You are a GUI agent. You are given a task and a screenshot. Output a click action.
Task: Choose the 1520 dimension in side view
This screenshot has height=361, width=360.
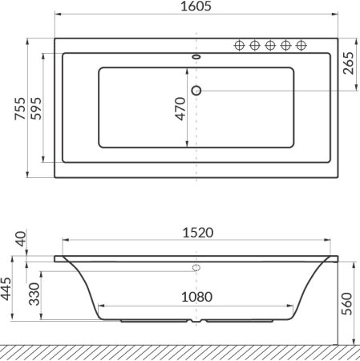click(x=196, y=233)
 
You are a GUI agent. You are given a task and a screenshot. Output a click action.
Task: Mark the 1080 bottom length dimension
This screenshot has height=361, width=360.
click(x=196, y=297)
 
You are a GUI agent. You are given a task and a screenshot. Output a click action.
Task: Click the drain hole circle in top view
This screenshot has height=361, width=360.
click(x=197, y=90)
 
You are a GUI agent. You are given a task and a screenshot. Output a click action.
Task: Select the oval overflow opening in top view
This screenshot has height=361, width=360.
click(x=196, y=58)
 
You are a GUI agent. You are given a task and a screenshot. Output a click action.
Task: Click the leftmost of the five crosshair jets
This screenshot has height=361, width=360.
click(x=239, y=45)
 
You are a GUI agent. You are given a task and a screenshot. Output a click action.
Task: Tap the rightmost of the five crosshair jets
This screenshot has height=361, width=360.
click(x=301, y=45)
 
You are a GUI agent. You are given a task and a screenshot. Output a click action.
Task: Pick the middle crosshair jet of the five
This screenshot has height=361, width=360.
click(x=270, y=45)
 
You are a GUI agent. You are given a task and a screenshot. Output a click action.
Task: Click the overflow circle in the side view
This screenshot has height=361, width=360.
click(x=196, y=267)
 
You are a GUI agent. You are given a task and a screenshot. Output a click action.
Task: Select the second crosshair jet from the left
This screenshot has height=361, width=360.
click(x=254, y=45)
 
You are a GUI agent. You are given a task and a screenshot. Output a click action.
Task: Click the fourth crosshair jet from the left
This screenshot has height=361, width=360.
click(x=286, y=45)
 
